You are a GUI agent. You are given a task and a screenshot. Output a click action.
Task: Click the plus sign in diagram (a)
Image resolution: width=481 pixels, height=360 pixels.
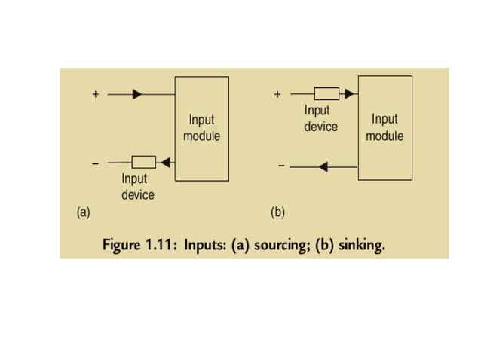click(x=96, y=95)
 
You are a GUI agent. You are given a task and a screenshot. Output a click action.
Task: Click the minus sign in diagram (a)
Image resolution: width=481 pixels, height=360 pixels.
click(x=95, y=163)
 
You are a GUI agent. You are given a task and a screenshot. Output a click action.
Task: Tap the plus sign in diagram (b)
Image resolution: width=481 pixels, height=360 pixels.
click(x=277, y=95)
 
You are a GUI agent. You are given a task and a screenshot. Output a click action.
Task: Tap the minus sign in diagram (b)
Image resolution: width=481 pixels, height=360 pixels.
click(x=280, y=166)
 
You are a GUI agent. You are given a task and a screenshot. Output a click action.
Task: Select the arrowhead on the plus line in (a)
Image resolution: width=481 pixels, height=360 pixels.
click(x=136, y=95)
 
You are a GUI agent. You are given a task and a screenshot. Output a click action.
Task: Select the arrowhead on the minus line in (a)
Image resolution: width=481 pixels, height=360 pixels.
click(x=167, y=161)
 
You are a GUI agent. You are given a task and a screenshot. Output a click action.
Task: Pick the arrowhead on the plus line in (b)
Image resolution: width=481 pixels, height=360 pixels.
click(x=350, y=94)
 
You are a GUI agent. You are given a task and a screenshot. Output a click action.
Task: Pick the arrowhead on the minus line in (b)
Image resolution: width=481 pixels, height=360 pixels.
click(x=323, y=166)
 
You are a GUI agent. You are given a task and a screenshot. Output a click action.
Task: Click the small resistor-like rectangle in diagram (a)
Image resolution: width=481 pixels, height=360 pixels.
click(x=143, y=161)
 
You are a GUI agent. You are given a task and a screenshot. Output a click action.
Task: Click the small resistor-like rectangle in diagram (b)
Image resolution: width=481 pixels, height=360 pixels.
click(x=326, y=94)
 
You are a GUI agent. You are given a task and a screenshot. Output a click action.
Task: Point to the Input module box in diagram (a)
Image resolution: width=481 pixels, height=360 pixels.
click(x=201, y=128)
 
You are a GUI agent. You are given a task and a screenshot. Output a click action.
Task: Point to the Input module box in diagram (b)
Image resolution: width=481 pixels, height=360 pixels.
click(x=384, y=127)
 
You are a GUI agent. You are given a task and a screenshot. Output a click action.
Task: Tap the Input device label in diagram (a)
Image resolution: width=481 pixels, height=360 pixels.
click(x=137, y=187)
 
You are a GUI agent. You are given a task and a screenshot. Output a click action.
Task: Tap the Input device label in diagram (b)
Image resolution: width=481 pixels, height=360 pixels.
click(x=320, y=119)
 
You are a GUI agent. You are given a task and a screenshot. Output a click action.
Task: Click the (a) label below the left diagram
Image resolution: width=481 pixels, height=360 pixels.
click(x=83, y=212)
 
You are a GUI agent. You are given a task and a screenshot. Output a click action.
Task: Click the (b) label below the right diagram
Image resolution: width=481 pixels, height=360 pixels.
click(x=277, y=212)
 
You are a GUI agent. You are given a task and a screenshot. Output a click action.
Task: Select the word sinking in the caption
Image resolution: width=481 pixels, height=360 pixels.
click(x=357, y=246)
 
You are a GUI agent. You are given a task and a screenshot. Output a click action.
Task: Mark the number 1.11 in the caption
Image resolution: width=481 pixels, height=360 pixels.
click(x=160, y=246)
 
